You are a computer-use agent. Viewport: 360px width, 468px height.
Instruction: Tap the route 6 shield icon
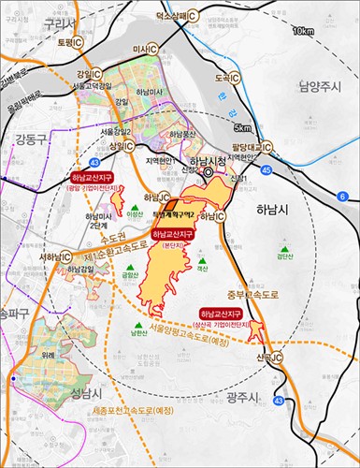[342, 196]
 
